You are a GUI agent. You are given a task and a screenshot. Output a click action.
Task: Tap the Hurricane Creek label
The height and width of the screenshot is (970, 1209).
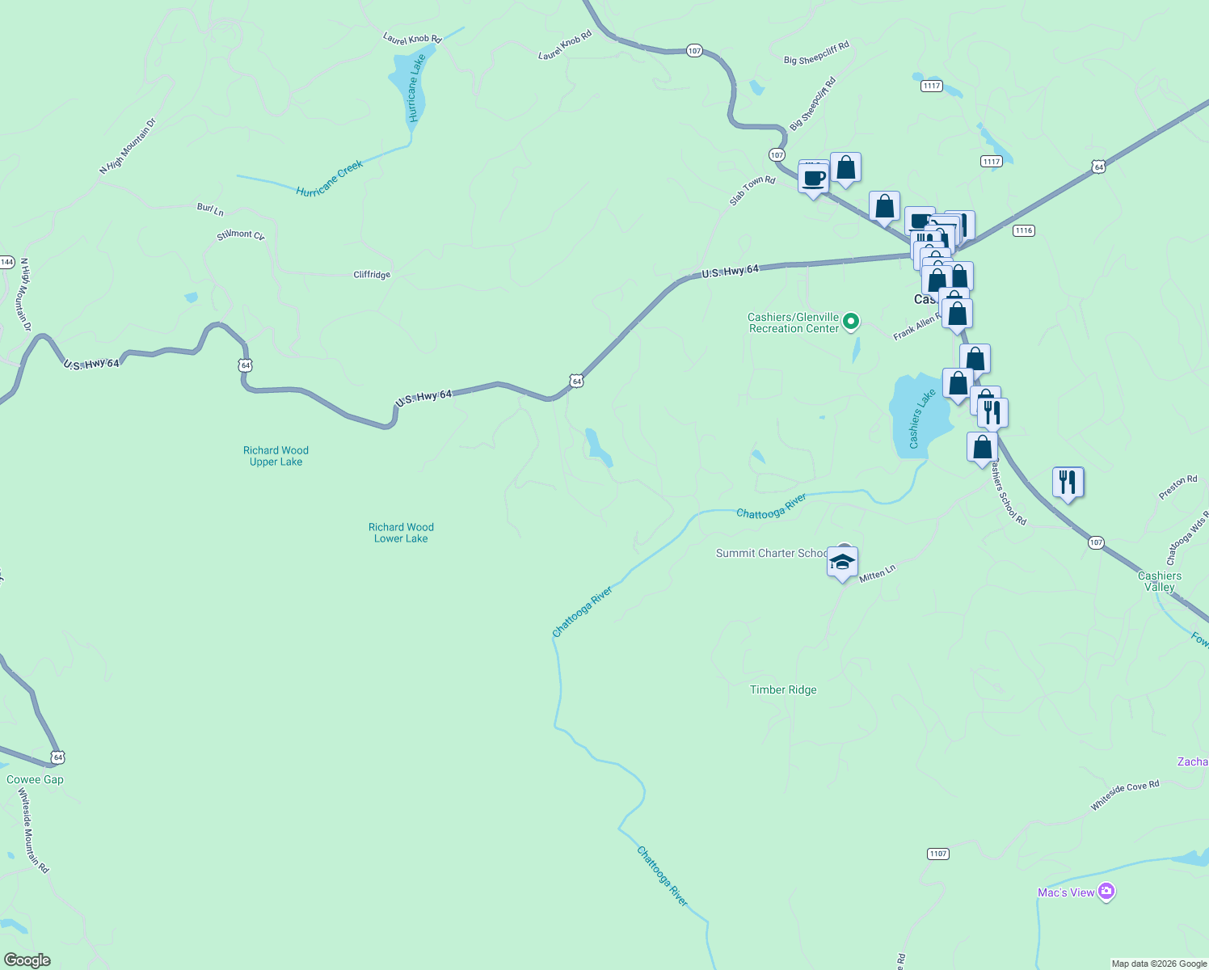click(x=330, y=179)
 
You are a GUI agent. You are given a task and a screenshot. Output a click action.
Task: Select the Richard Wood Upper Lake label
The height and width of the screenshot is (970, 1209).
click(x=276, y=456)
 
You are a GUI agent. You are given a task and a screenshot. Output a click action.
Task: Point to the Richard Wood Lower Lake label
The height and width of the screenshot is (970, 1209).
click(x=401, y=533)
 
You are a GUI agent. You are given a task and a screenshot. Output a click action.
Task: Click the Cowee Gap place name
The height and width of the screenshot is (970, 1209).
click(x=35, y=779)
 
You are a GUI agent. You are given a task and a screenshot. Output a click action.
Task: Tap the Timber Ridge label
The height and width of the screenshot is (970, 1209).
click(x=783, y=690)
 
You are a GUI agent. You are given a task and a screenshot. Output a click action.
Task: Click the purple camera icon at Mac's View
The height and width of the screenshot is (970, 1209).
click(x=1106, y=892)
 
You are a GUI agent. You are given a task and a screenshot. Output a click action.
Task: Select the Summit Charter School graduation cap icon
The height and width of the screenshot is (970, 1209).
click(x=842, y=562)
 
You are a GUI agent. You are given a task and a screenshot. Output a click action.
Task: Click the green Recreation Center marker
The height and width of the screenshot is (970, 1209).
click(x=850, y=322)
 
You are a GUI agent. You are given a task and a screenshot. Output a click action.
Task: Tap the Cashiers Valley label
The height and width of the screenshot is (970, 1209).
click(x=1160, y=581)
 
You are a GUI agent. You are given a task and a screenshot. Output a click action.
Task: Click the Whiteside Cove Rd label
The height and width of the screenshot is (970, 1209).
click(x=1124, y=795)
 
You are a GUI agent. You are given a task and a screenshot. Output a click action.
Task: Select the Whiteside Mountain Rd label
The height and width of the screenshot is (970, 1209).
click(x=33, y=830)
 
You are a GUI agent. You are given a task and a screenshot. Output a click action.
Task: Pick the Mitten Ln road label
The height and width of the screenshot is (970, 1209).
click(x=877, y=574)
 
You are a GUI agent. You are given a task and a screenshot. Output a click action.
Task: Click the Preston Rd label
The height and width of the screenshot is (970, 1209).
click(x=1177, y=487)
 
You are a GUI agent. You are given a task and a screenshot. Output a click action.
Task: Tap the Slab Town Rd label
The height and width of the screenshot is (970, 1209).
click(x=752, y=191)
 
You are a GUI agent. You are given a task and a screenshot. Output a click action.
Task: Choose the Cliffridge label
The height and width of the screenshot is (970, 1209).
click(x=372, y=275)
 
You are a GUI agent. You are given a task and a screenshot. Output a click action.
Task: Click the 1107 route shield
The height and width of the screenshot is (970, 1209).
click(x=937, y=854)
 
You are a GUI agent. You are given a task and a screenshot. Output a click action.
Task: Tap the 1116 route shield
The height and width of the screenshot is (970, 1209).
click(x=1023, y=230)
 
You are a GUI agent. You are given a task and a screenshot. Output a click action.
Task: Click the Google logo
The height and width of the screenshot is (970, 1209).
click(x=27, y=959)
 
